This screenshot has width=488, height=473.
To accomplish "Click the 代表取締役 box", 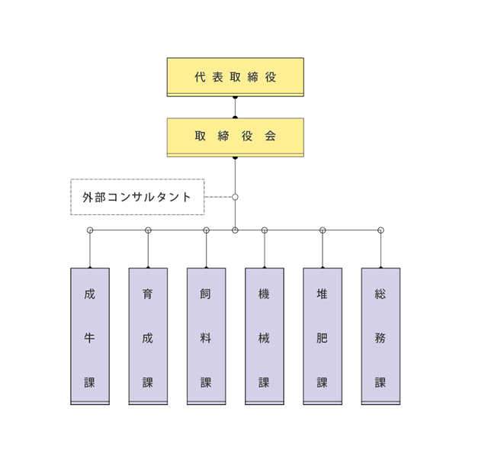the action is pyautogui.click(x=236, y=77).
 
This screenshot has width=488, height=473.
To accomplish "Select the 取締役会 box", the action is pyautogui.click(x=236, y=137).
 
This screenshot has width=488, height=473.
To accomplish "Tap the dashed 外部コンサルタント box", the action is pyautogui.click(x=137, y=197).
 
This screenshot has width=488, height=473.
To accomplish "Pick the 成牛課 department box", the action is pyautogui.click(x=90, y=336).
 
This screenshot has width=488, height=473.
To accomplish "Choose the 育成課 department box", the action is pyautogui.click(x=148, y=336).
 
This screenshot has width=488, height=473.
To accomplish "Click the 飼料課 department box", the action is pyautogui.click(x=207, y=336).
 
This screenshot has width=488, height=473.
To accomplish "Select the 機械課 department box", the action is pyautogui.click(x=265, y=336).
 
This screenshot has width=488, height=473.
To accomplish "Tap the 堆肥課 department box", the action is pyautogui.click(x=323, y=336).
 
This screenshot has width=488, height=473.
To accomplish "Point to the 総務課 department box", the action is pyautogui.click(x=380, y=336).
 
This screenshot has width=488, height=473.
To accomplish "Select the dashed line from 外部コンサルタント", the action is pyautogui.click(x=219, y=197).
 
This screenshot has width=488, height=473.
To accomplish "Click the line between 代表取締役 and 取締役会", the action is pyautogui.click(x=236, y=108).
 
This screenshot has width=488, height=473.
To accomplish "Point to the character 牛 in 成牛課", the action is pyautogui.click(x=90, y=338).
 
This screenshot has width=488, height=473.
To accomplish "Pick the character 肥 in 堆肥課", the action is pyautogui.click(x=322, y=338).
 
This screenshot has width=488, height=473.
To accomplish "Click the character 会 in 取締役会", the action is pyautogui.click(x=271, y=136).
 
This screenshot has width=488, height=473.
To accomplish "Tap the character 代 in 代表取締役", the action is pyautogui.click(x=200, y=77).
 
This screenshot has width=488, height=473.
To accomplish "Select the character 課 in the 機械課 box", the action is pyautogui.click(x=264, y=382).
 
